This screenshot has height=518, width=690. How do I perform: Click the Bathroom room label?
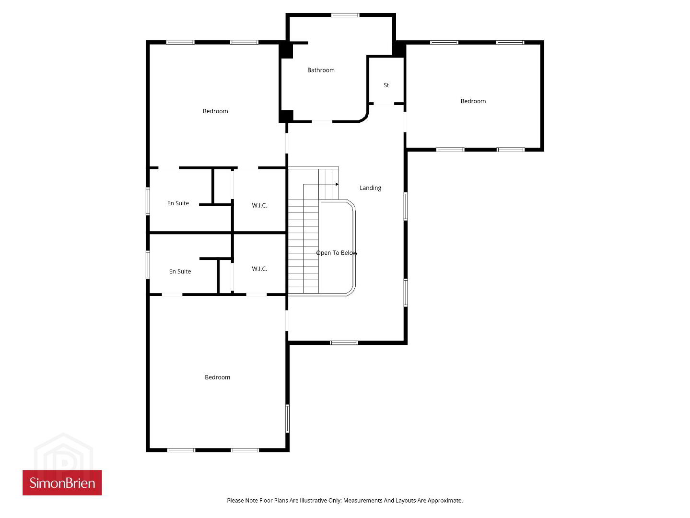pos(321,70)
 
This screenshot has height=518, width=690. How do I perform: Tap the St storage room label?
pos(386,85)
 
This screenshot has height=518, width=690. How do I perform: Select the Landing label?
pos(370,188)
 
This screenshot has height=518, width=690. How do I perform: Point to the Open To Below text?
pos(337,253)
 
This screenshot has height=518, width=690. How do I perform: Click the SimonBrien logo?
pos(62,483)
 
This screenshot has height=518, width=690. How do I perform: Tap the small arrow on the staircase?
pos(337,184)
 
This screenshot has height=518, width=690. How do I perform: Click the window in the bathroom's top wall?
pos(345,15)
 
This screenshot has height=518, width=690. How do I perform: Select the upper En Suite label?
pos(178,203)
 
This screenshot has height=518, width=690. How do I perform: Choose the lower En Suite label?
pos(180,271)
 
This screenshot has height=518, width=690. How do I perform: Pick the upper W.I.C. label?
pos(259,206)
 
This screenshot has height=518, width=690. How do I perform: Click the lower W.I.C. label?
pos(259,269)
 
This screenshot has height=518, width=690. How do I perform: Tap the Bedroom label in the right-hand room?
pos(473,101)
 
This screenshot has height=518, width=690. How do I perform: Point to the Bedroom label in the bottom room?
pos(217,377)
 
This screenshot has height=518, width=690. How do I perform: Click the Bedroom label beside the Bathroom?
pos(215,111)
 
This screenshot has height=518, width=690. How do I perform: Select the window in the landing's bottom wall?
pos(344,342)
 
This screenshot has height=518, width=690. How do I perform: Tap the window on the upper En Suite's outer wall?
pos(148,201)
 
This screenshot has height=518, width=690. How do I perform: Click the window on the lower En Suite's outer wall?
pos(148,265)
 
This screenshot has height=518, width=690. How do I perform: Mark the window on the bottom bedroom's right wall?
pos(287,418)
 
